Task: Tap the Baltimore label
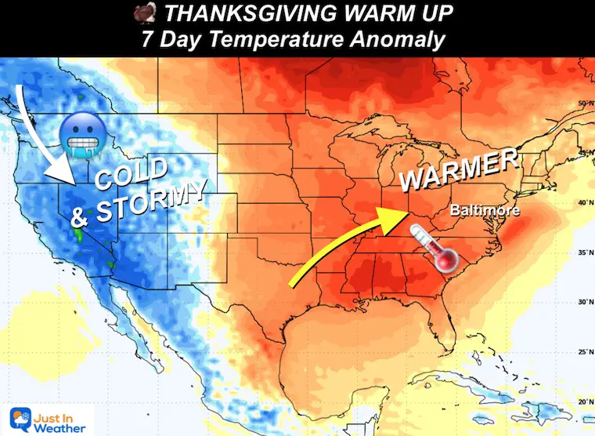click(x=485, y=211)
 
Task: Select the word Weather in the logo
click(x=62, y=425)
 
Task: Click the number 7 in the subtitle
click(x=148, y=38)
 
